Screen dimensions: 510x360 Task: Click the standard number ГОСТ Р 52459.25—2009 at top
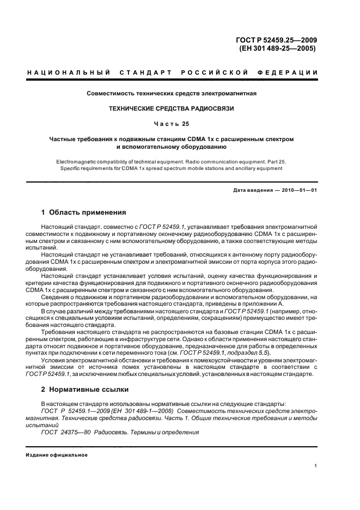click(278, 39)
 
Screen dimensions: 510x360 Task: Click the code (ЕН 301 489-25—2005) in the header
click(278, 48)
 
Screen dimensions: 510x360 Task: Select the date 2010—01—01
click(299, 189)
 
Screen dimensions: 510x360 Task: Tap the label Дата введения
click(253, 189)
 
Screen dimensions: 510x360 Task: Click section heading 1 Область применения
click(84, 212)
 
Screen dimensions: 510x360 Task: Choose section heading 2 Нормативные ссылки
click(85, 390)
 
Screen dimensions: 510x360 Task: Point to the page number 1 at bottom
click(316, 465)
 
